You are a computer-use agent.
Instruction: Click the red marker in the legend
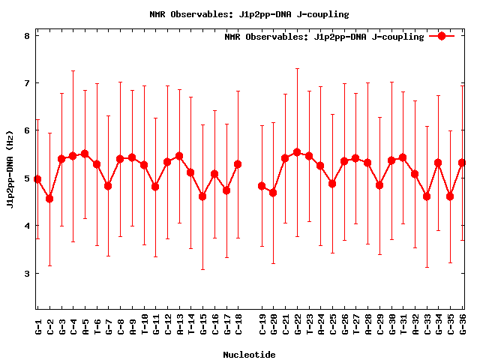tap(442, 36)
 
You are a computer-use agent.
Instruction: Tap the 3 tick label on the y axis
tap(26, 273)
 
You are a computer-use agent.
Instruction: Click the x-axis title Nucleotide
tap(249, 354)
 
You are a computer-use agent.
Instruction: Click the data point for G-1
tap(37, 179)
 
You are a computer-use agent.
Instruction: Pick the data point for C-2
tap(49, 199)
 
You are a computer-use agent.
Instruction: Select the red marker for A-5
tap(85, 154)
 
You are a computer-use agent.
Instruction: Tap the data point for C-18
tap(238, 164)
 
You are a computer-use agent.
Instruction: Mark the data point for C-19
tap(262, 186)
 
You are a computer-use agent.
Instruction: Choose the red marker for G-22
tap(297, 152)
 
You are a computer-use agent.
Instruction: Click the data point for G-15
tap(202, 196)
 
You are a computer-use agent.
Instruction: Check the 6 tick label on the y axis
tap(26, 130)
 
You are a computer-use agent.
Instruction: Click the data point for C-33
tap(427, 196)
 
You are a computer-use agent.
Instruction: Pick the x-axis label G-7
tap(109, 328)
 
